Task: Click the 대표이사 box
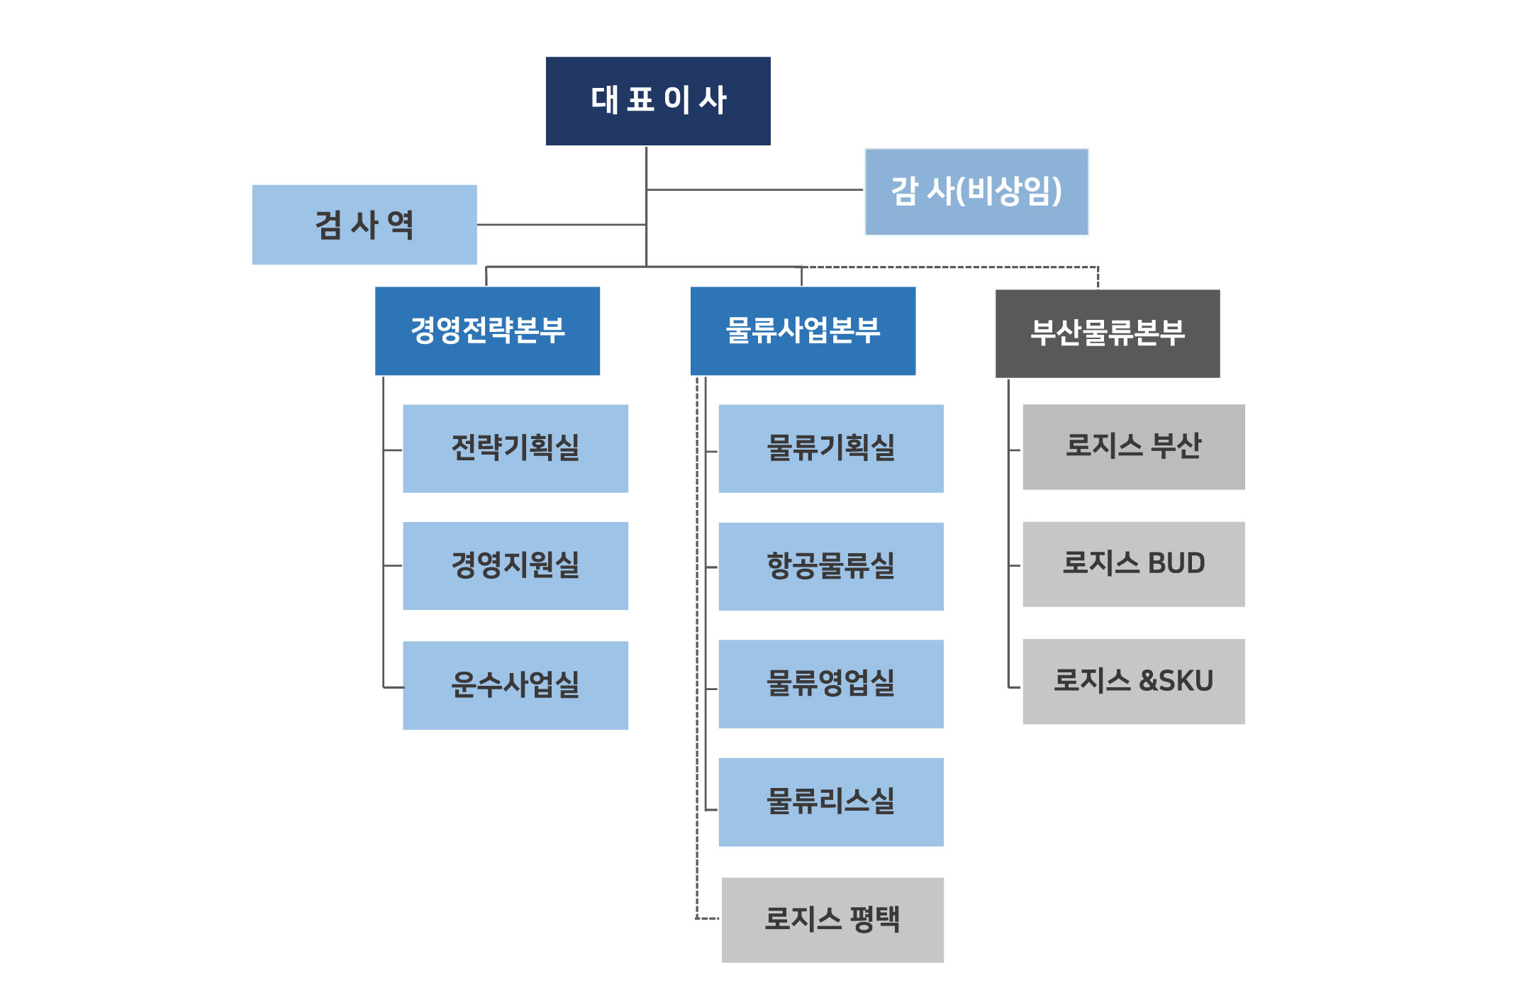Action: (658, 101)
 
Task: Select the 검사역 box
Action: (364, 225)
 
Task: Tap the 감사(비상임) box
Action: (976, 191)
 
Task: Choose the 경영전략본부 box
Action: (487, 331)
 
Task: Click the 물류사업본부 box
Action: (803, 331)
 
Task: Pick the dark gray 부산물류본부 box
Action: (1108, 333)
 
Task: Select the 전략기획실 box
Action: (515, 448)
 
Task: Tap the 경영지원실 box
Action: (515, 566)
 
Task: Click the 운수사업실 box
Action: (515, 685)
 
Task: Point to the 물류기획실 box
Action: (831, 448)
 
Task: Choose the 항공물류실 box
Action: (831, 566)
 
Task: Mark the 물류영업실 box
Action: (831, 684)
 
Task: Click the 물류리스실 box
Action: (831, 801)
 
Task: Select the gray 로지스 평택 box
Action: (832, 920)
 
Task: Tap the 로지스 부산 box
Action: (1133, 447)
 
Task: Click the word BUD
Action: (1176, 564)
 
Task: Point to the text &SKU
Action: (1176, 681)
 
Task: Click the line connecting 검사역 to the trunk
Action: (560, 225)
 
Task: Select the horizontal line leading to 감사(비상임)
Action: (755, 190)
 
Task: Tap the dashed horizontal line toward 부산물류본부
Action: (950, 267)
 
